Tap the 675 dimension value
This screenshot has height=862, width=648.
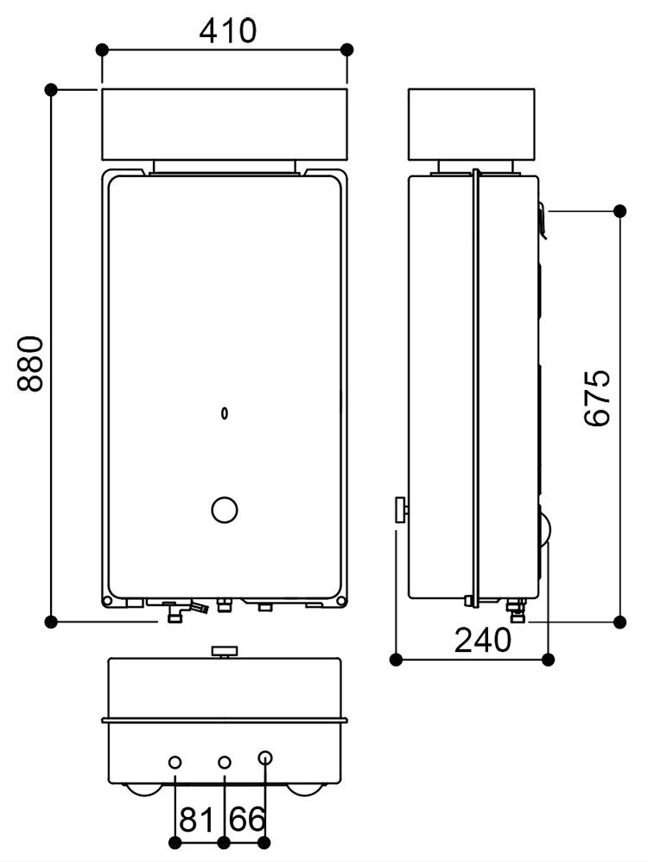pyautogui.click(x=597, y=398)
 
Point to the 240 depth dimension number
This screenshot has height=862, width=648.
pyautogui.click(x=483, y=641)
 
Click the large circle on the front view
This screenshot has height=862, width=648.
pyautogui.click(x=224, y=510)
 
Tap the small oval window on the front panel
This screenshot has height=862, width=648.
pyautogui.click(x=225, y=413)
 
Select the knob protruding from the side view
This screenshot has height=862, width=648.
pyautogui.click(x=402, y=510)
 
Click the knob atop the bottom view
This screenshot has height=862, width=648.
pyautogui.click(x=225, y=650)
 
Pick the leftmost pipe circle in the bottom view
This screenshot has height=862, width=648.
pyautogui.click(x=175, y=762)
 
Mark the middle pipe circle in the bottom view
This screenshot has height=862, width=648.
pyautogui.click(x=225, y=762)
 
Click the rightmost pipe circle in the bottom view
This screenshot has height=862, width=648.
pyautogui.click(x=265, y=758)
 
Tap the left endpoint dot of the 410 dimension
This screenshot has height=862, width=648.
pyautogui.click(x=103, y=49)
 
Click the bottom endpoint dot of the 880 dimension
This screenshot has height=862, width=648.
pyautogui.click(x=51, y=621)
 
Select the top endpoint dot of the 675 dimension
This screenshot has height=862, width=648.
pyautogui.click(x=619, y=210)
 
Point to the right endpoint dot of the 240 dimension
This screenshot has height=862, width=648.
pyautogui.click(x=548, y=660)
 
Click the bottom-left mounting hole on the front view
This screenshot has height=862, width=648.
pyautogui.click(x=106, y=601)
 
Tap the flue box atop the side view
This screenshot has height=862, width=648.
pyautogui.click(x=471, y=125)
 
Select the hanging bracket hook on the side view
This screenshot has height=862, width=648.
pyautogui.click(x=541, y=220)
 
